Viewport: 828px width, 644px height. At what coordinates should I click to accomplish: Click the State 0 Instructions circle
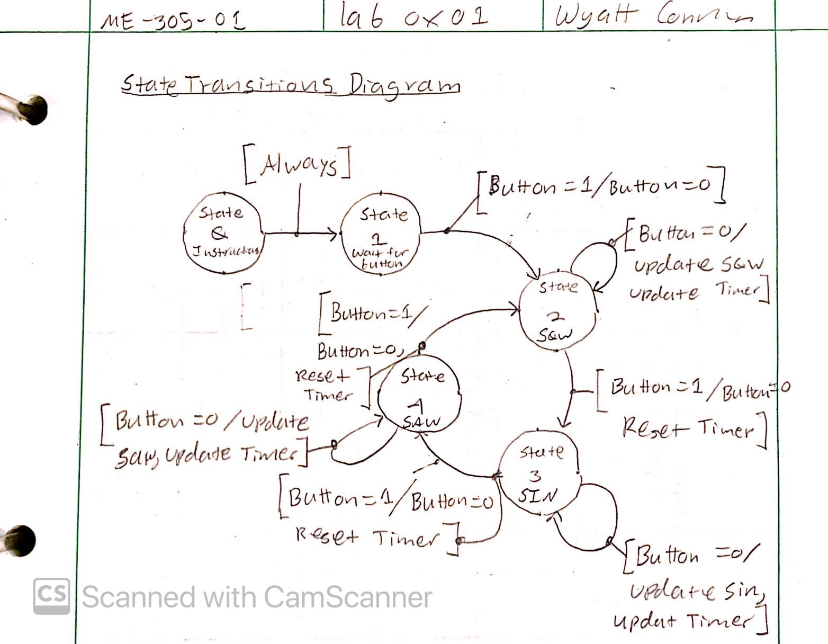tap(222, 233)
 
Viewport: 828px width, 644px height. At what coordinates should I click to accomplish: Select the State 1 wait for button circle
tap(380, 233)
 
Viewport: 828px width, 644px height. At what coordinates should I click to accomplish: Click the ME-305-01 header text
tap(173, 20)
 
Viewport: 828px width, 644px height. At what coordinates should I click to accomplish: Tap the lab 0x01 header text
tap(412, 17)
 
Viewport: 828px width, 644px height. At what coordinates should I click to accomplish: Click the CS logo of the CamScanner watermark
tap(51, 596)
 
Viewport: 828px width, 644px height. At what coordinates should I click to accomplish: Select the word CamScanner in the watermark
tap(347, 597)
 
